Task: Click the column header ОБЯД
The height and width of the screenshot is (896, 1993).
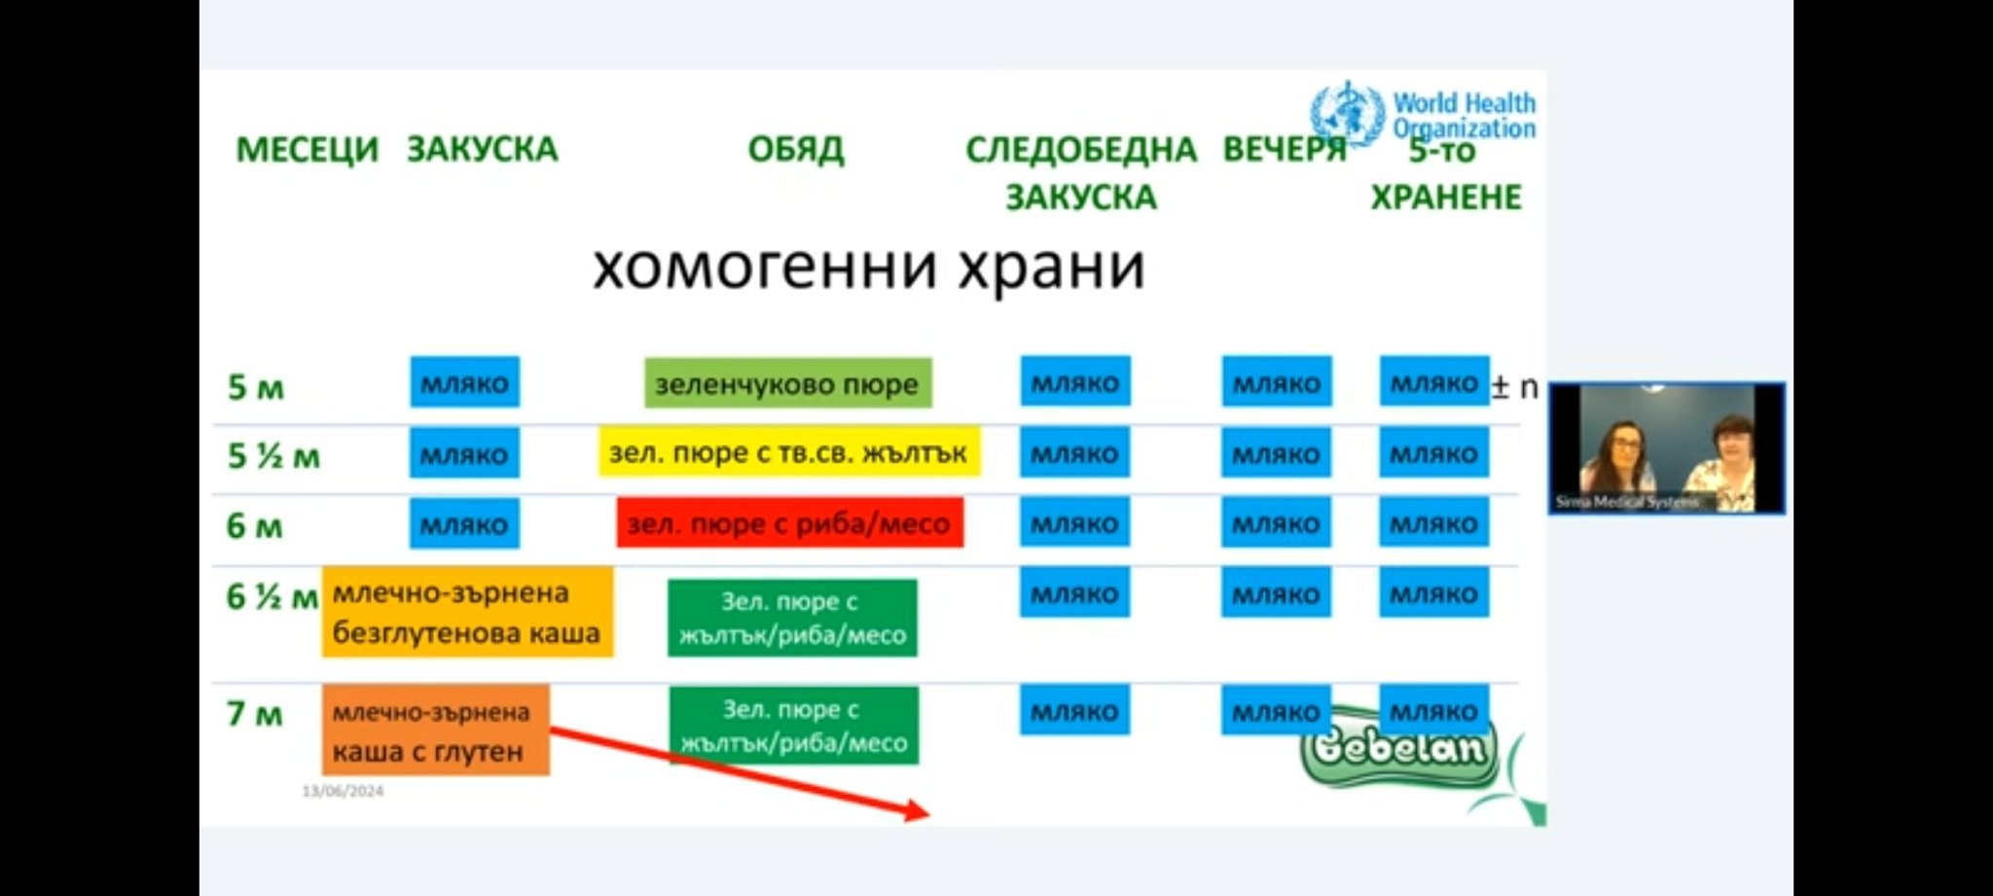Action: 795,150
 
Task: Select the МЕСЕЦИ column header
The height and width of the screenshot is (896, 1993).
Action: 307,150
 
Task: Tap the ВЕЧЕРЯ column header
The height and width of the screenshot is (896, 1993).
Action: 1284,150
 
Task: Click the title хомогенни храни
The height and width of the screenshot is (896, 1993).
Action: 868,267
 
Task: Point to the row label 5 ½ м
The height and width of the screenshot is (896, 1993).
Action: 272,455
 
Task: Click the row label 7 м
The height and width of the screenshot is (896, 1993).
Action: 254,714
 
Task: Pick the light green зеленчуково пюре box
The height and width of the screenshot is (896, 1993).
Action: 787,383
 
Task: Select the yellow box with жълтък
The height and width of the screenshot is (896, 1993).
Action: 788,452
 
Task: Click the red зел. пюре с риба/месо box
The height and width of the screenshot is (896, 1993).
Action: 789,524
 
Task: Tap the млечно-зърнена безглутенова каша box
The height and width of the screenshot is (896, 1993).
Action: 467,613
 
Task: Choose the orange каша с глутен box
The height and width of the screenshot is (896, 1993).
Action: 436,731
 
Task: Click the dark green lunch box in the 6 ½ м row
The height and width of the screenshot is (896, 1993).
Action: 792,618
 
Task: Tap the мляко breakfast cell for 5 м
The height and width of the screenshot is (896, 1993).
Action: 464,382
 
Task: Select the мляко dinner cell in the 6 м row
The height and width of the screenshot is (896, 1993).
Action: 1276,524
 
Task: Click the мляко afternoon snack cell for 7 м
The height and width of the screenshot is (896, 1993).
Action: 1074,711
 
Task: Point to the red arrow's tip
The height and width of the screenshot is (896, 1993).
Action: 925,812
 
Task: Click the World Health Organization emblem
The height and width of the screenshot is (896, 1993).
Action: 1347,113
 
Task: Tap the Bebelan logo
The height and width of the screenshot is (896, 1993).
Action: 1399,750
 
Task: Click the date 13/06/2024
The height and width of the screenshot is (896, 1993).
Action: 343,791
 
